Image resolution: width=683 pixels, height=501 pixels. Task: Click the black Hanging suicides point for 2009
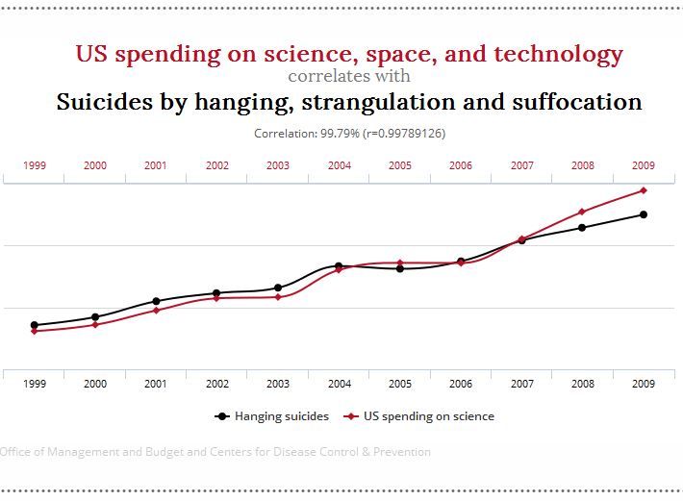pyautogui.click(x=644, y=214)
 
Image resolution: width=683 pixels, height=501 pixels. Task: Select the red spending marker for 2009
pyautogui.click(x=644, y=190)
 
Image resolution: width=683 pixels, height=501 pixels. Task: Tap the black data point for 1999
pyautogui.click(x=35, y=325)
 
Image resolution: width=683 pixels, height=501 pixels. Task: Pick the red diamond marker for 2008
pyautogui.click(x=582, y=212)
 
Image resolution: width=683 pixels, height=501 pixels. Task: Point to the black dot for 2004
pyautogui.click(x=339, y=265)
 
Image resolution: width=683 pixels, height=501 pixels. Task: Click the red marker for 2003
pyautogui.click(x=278, y=297)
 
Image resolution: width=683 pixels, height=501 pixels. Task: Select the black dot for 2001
pyautogui.click(x=156, y=301)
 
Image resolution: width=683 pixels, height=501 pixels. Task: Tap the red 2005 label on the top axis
pyautogui.click(x=399, y=165)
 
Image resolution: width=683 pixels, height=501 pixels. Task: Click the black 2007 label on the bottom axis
pyautogui.click(x=521, y=384)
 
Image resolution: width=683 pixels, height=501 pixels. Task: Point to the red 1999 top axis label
pyautogui.click(x=35, y=165)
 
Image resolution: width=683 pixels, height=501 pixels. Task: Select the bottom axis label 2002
pyautogui.click(x=217, y=384)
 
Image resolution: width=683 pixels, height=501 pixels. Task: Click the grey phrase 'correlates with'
pyautogui.click(x=349, y=76)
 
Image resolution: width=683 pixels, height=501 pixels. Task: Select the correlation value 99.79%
pyautogui.click(x=341, y=134)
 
